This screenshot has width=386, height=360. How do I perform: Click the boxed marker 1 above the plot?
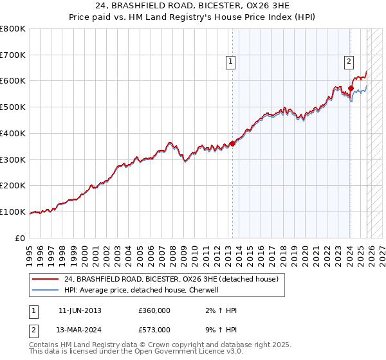230,62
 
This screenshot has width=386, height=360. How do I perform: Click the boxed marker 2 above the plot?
348,62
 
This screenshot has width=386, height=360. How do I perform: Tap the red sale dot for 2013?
232,143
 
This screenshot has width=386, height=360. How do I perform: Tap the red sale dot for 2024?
351,88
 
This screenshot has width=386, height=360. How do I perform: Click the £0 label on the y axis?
21,238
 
